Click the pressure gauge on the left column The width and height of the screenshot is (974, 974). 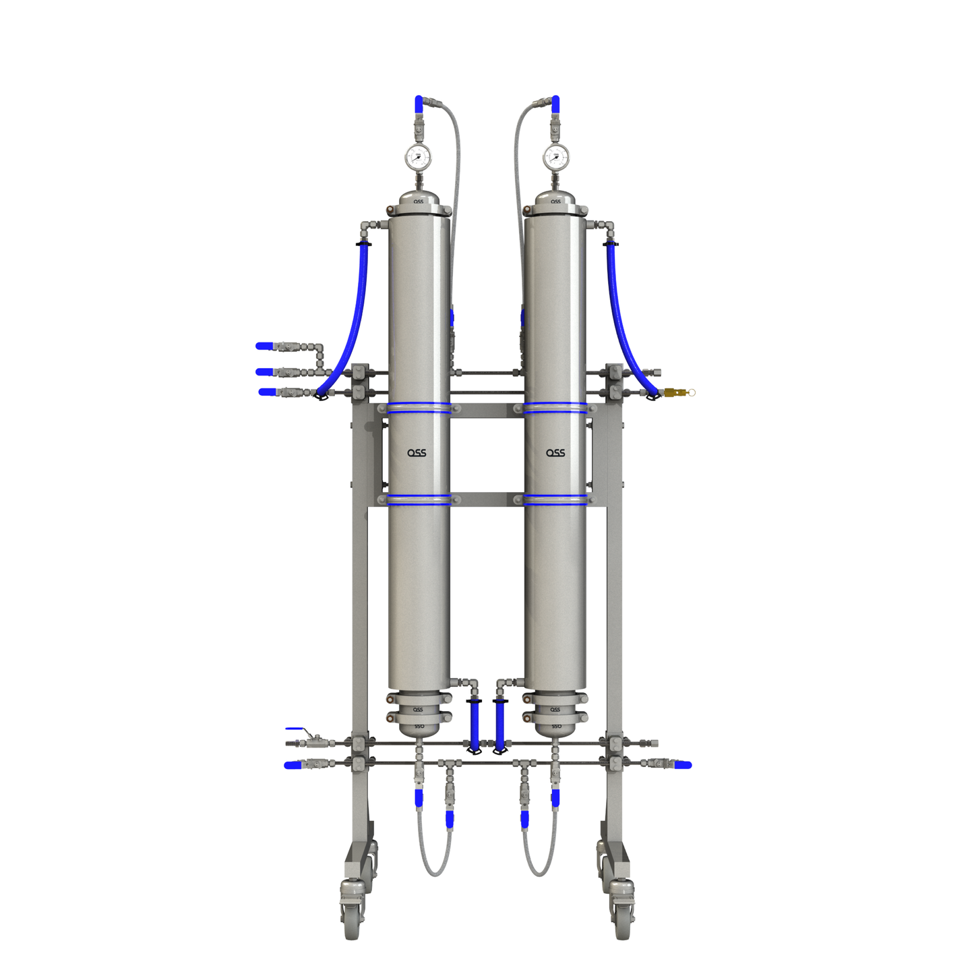[x=417, y=158]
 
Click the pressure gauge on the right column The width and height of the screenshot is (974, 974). [x=555, y=158]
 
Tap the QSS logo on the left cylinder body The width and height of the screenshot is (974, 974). [x=417, y=453]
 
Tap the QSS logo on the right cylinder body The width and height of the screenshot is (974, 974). [x=555, y=453]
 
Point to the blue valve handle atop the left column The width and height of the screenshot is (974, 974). [x=419, y=104]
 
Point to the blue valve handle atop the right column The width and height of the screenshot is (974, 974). [x=555, y=104]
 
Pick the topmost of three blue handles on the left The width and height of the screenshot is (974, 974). [x=264, y=346]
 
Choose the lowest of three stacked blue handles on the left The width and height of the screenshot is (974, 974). [x=267, y=392]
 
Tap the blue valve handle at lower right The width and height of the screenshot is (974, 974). [x=682, y=764]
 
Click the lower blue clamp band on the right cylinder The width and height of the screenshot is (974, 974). [x=555, y=499]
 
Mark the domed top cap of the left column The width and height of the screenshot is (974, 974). [x=419, y=201]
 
